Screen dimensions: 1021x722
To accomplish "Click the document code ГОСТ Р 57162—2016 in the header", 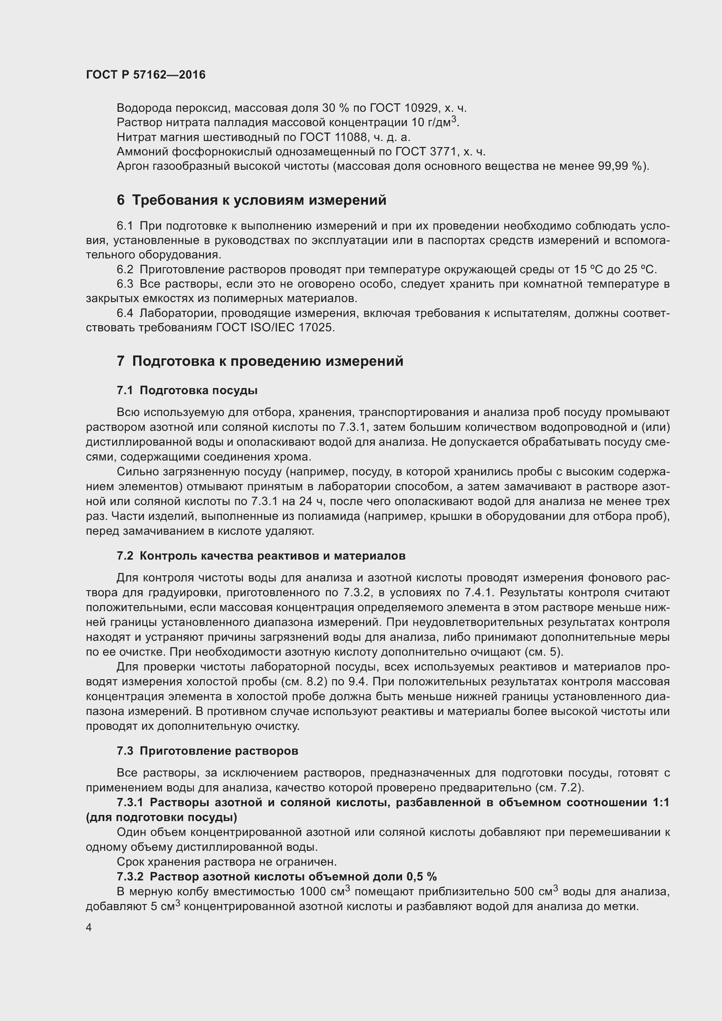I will [146, 75].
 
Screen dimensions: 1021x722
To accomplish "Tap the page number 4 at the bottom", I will [89, 928].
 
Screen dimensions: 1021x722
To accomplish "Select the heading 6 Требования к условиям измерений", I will [251, 200].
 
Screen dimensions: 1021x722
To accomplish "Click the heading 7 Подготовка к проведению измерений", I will [260, 361].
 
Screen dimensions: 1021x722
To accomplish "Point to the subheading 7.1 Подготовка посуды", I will [187, 390].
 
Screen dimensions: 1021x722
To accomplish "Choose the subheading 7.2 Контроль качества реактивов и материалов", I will [261, 555].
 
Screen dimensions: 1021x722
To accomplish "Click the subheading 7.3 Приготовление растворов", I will [207, 751].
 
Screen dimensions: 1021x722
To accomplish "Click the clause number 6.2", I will [125, 269].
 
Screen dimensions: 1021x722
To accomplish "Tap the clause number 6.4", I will [125, 313].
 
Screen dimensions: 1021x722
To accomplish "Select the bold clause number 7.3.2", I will [130, 877].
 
